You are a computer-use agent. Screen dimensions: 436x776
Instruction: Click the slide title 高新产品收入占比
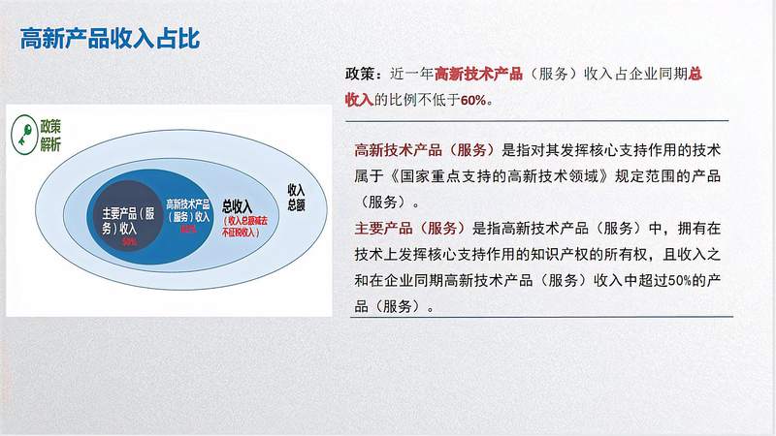click(109, 38)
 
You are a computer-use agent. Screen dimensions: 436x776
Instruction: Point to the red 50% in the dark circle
click(129, 241)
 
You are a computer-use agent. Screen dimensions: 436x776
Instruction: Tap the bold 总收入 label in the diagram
click(237, 205)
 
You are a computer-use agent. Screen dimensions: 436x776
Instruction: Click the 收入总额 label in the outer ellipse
click(296, 197)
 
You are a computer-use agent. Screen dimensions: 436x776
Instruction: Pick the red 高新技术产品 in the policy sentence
click(478, 75)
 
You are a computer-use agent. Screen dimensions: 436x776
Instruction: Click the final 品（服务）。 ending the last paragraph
click(393, 306)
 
